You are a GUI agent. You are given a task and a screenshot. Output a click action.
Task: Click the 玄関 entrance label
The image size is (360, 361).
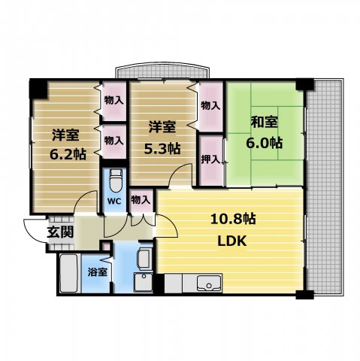[60, 232]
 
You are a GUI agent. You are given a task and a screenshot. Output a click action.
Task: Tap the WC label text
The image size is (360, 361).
[114, 201]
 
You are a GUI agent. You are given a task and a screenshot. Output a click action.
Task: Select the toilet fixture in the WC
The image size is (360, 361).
[116, 180]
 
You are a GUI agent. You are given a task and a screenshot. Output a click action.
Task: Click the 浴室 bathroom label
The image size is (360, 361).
[98, 272]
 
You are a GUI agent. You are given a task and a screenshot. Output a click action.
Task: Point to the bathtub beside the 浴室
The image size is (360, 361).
[68, 273]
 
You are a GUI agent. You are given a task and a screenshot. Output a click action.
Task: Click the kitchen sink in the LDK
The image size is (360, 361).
[209, 284]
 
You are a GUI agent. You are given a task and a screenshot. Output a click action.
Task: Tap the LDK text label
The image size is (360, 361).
[232, 241]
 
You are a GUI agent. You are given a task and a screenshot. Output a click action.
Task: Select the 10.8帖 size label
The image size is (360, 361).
[233, 219]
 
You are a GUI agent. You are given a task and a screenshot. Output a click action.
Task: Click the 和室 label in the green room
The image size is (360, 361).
[265, 123]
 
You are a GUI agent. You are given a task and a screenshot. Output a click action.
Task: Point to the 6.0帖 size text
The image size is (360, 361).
[265, 143]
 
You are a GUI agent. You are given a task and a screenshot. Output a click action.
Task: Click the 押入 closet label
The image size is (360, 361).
[211, 159]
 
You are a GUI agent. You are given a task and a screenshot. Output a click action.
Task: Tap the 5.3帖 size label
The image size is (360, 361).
[162, 149]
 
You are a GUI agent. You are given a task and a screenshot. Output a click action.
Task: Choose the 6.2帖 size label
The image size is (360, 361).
[68, 154]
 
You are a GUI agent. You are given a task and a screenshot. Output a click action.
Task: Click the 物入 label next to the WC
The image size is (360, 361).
[141, 200]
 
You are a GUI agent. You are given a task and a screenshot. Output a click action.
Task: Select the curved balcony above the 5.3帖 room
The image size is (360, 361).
[162, 71]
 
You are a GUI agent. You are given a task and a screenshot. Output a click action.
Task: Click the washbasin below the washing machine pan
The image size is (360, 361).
[144, 282]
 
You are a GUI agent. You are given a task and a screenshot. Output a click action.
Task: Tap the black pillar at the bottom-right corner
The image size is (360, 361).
[304, 295]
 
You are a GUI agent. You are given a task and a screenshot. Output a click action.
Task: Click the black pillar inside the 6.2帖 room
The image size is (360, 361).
[38, 89]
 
